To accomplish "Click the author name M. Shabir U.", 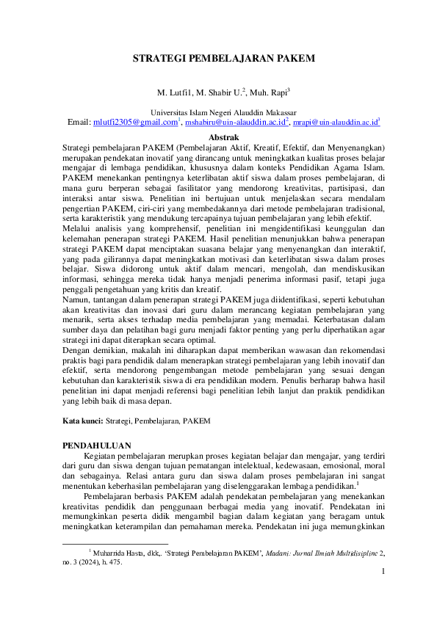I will tap(219, 93).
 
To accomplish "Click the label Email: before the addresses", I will tap(79, 122).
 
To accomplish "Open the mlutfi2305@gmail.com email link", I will tap(135, 122).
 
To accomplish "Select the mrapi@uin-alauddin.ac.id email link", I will tap(335, 122).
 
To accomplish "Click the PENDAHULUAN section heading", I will tap(97, 446).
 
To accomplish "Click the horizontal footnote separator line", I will tap(115, 544).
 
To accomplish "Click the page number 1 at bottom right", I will tap(383, 572).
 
